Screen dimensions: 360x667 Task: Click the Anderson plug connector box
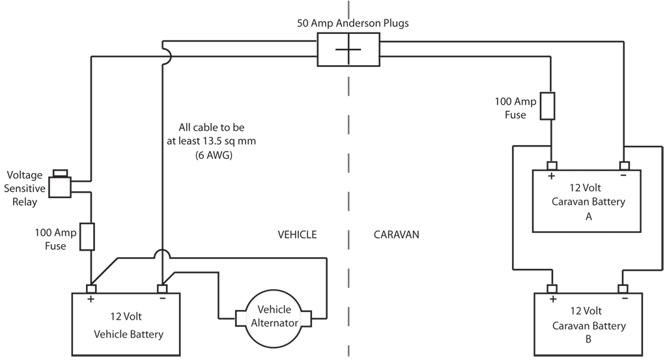pos(348,50)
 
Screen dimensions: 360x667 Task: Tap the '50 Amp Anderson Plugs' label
pos(353,23)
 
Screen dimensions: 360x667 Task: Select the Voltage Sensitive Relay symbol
pos(60,186)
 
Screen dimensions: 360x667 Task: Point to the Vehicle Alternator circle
pos(274,316)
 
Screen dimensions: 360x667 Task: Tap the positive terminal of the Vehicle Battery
pos(91,288)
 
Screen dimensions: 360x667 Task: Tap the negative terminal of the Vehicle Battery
pos(162,288)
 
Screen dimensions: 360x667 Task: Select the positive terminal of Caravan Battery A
pos(552,165)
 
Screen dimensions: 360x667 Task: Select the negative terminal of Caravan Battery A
pos(624,165)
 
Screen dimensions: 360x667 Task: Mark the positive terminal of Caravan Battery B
pos(552,288)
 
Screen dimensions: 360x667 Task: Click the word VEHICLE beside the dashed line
pos(297,234)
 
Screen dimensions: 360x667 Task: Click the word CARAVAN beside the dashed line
pos(396,234)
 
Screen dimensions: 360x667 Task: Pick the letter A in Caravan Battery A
pos(588,217)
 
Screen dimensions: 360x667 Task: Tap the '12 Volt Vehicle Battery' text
pos(128,326)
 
